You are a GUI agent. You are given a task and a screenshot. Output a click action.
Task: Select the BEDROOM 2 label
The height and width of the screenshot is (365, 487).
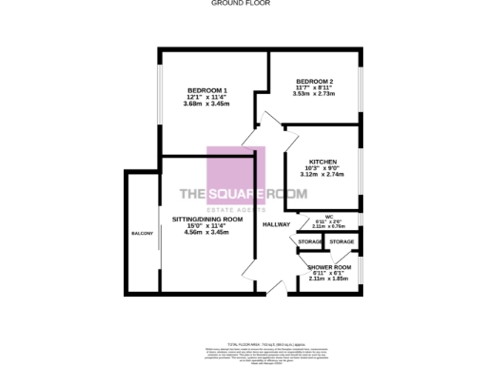click(314, 81)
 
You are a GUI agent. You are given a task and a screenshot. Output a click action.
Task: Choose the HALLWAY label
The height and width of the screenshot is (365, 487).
click(276, 224)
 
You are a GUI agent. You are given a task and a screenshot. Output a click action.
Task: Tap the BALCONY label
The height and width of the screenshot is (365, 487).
click(142, 231)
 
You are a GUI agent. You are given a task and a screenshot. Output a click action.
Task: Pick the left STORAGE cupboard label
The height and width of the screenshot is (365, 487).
click(309, 243)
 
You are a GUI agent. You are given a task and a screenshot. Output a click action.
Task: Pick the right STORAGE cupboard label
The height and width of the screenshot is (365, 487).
click(341, 242)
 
